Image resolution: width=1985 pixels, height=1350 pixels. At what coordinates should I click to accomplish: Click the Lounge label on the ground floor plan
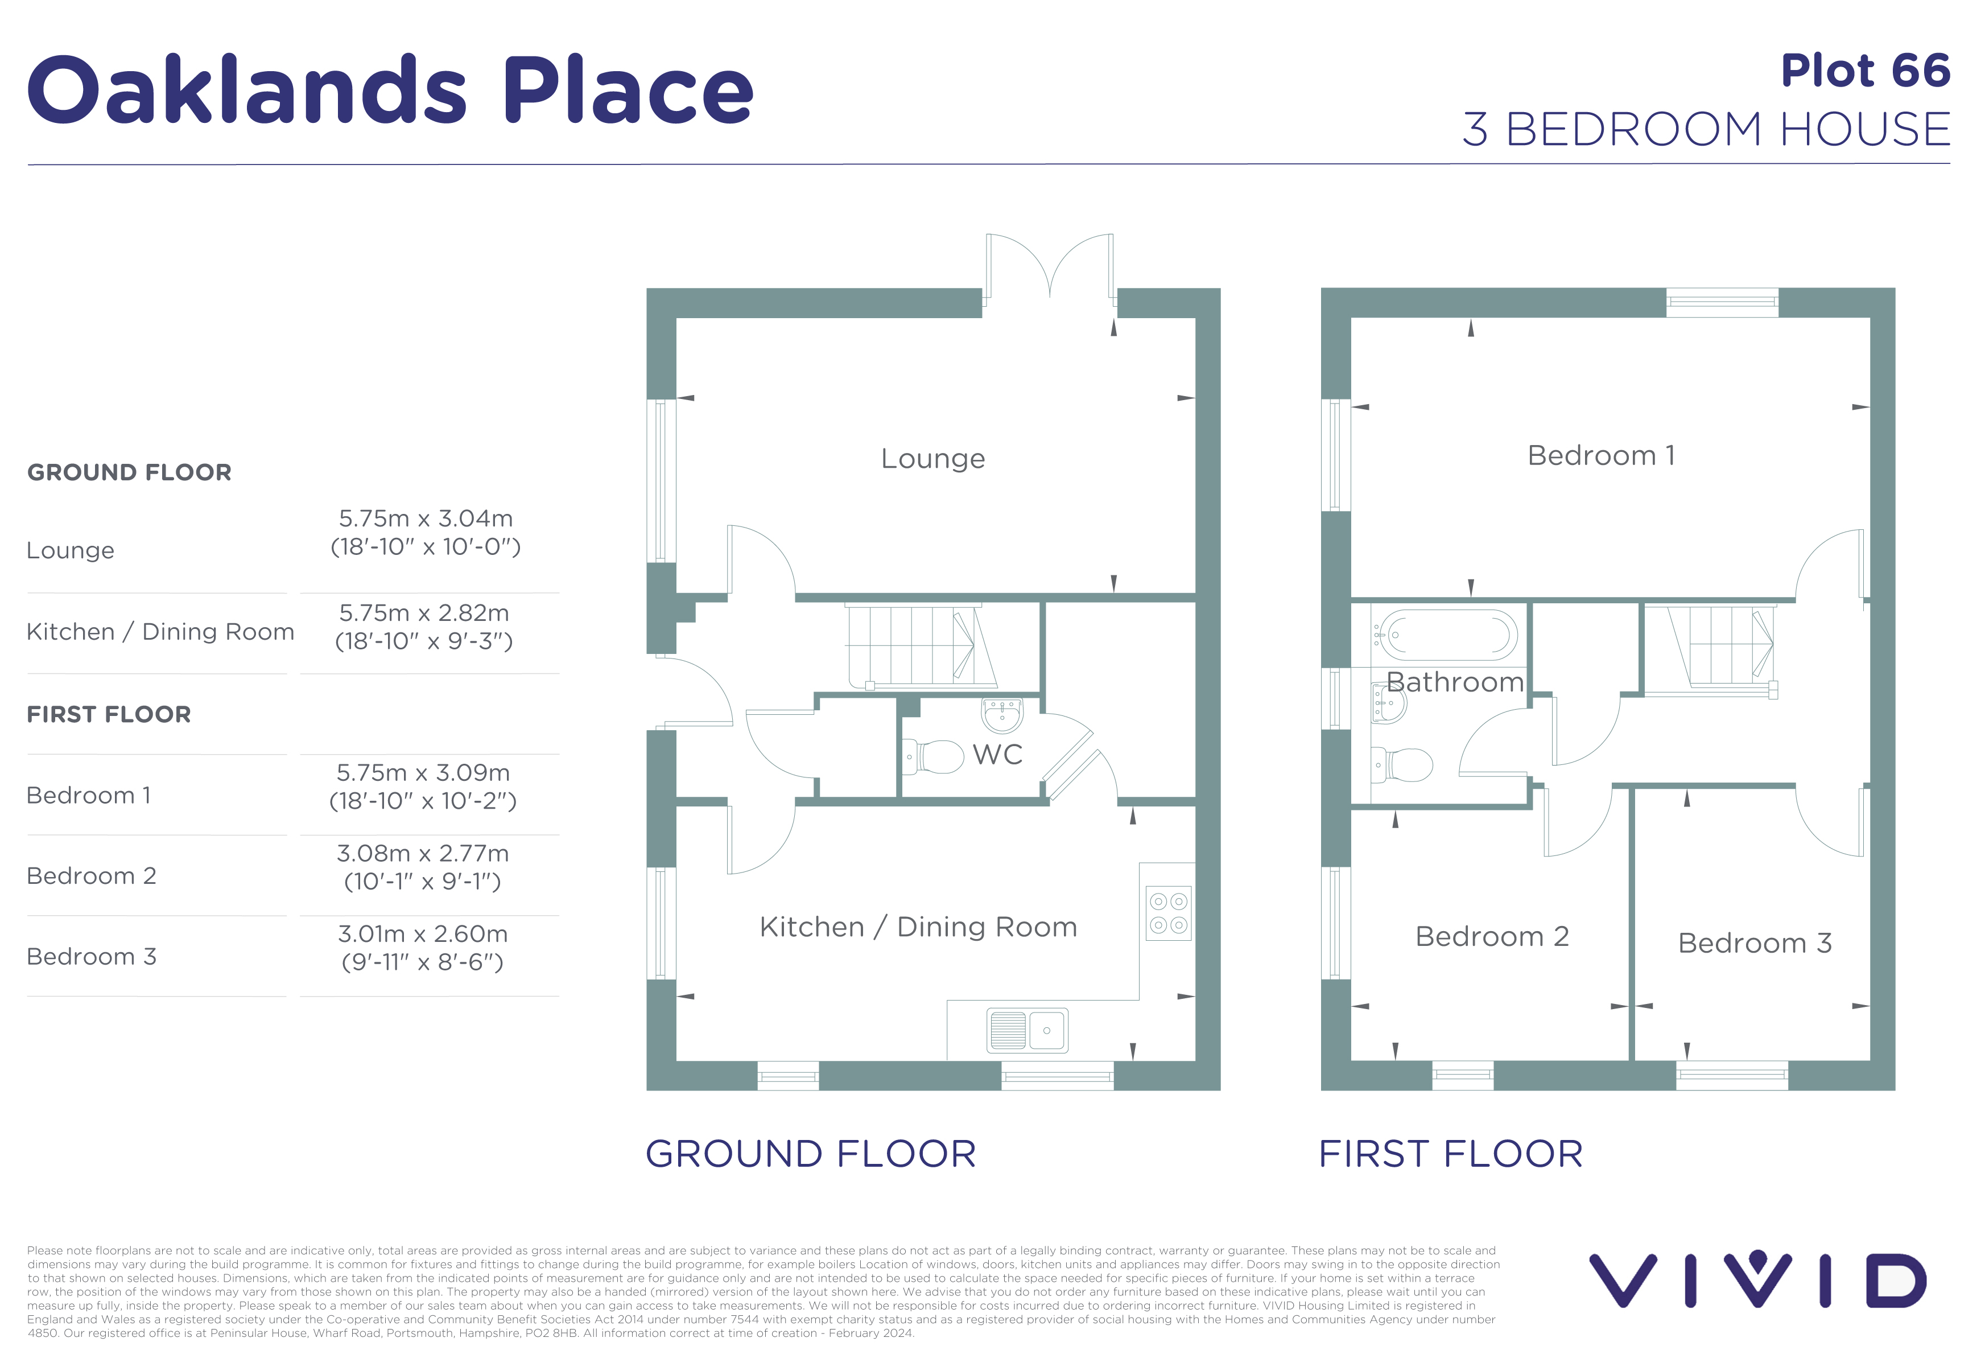click(932, 459)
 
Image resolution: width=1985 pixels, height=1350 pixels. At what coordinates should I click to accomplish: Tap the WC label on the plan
click(998, 755)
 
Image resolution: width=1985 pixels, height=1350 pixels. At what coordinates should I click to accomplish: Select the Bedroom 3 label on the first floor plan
click(1755, 942)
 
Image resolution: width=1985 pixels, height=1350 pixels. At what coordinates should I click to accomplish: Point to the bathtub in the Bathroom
click(1445, 635)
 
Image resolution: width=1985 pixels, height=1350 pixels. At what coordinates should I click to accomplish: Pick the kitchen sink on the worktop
click(1027, 1030)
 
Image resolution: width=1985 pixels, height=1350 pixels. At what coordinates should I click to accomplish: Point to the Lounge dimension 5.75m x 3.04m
click(426, 518)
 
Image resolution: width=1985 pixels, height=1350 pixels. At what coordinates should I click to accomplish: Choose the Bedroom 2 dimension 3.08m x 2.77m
click(423, 854)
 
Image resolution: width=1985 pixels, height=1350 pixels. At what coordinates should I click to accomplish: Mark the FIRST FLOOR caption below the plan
click(1450, 1154)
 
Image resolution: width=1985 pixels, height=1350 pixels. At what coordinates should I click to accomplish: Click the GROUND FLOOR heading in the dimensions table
click(129, 472)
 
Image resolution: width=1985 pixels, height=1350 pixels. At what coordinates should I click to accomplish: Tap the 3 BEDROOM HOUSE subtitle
click(1707, 129)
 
